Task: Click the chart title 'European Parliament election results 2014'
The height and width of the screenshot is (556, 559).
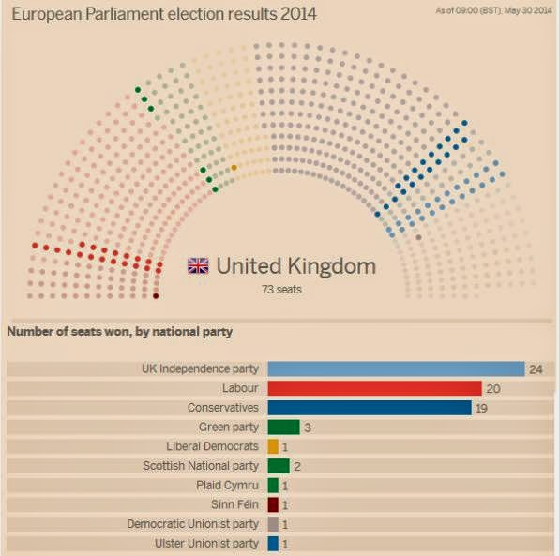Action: pos(163,14)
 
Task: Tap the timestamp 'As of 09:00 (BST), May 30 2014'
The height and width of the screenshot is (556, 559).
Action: pos(494,10)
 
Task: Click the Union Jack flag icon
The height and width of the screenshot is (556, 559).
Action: pos(198,265)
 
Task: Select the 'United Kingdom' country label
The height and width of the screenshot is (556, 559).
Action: pos(295,265)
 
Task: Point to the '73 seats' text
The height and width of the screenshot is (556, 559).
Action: pos(281,289)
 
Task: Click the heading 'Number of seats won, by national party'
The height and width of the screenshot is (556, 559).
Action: pos(119,331)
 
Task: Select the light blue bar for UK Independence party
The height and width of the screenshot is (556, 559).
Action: pos(395,368)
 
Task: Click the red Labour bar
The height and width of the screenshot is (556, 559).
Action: pos(374,388)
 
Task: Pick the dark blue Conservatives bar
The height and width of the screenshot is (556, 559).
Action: pos(369,408)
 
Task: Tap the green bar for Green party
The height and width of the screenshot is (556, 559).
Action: pos(283,428)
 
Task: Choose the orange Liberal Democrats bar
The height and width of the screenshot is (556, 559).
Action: pos(273,446)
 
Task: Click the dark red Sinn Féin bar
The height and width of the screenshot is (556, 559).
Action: pos(273,504)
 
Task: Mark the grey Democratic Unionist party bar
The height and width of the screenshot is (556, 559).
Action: pos(273,524)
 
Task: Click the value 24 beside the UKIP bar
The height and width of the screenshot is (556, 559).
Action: pos(536,369)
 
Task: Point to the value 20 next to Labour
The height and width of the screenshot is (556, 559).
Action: pos(493,388)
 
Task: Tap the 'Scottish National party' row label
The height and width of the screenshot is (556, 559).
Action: pos(201,466)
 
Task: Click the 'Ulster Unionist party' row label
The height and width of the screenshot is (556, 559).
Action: pos(206,544)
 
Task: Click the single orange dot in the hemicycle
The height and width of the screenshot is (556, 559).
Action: pos(234,168)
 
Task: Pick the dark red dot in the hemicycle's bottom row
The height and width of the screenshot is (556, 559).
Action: pos(156,296)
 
